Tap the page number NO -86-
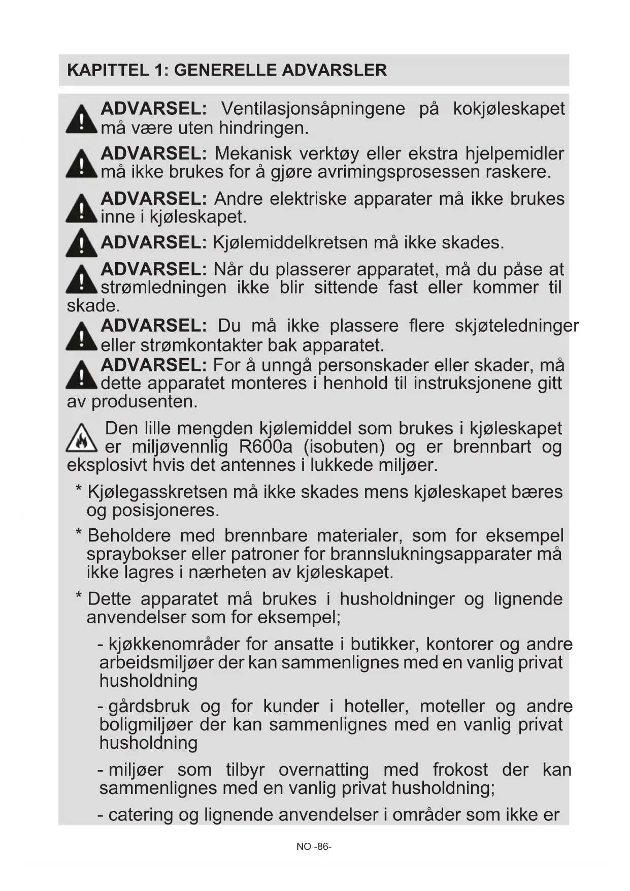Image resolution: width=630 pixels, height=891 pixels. (314, 847)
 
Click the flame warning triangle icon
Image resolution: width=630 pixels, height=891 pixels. (81, 438)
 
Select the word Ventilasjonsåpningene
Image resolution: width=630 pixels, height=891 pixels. (313, 109)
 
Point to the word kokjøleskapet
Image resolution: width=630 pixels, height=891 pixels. (509, 109)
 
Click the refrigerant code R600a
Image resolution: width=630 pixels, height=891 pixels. (266, 447)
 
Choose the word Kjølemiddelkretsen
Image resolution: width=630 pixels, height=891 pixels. (290, 243)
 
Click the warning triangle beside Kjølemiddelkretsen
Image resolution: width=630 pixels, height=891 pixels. (81, 243)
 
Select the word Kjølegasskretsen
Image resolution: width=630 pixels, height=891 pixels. (157, 492)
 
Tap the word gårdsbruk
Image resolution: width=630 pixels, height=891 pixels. (149, 707)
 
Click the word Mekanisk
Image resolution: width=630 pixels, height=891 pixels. (253, 153)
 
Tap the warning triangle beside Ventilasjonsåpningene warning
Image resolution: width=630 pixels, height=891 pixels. (81, 119)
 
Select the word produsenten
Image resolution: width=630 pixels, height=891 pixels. (144, 402)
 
